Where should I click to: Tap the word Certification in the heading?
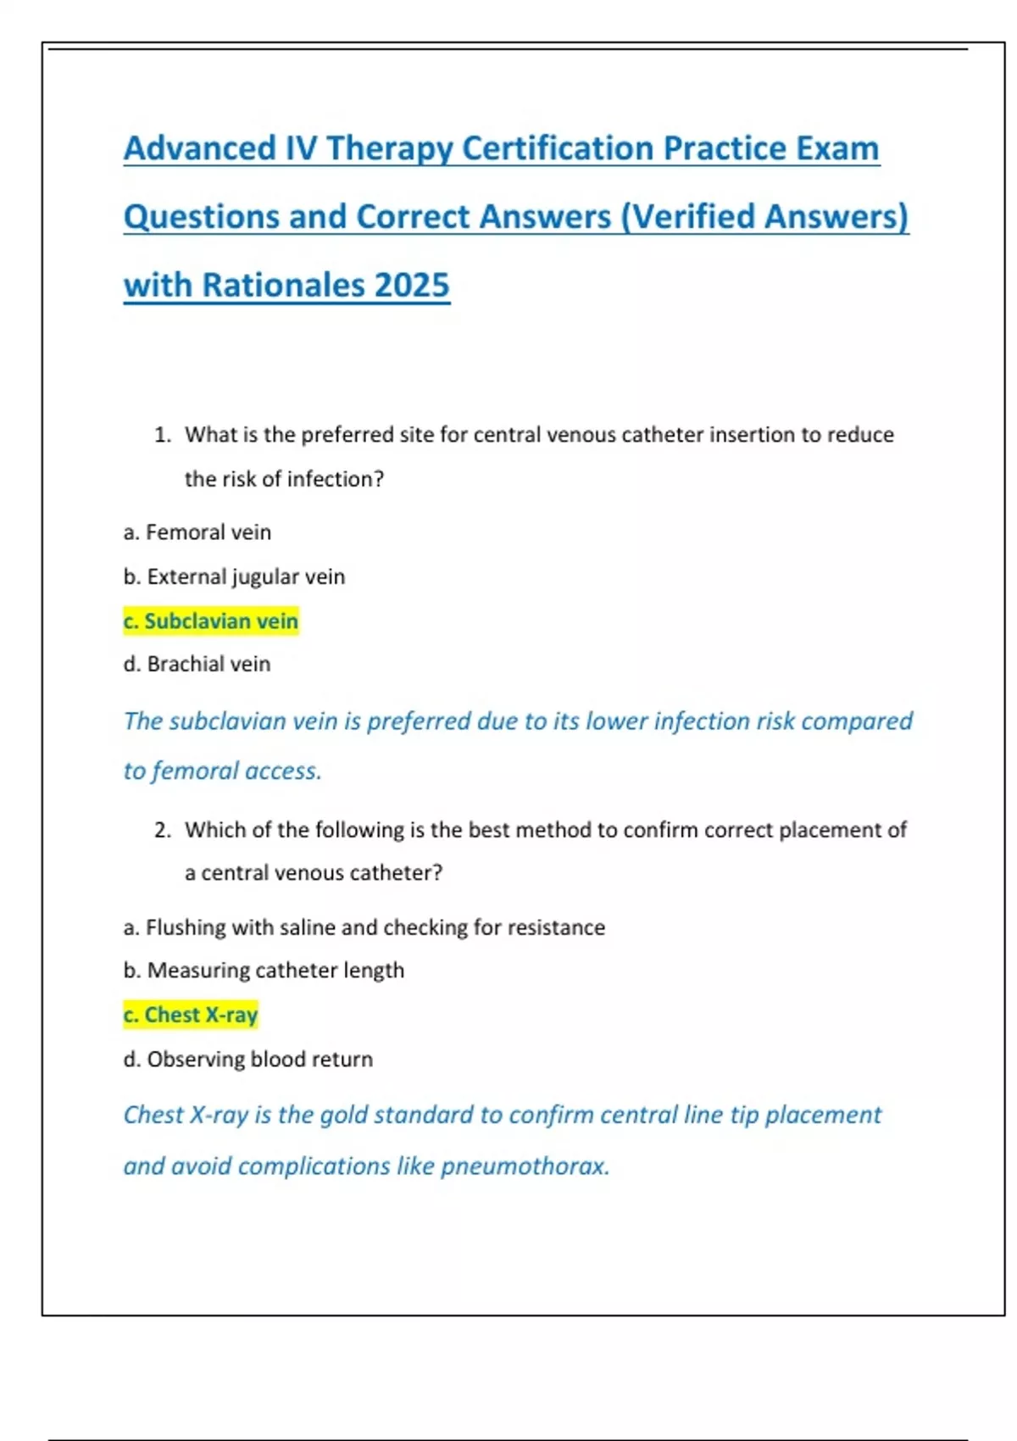[x=558, y=148]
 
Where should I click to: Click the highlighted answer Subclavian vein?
[x=211, y=621]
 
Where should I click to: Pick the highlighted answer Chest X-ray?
[x=191, y=1015]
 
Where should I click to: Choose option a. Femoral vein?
[x=197, y=532]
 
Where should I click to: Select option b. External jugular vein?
[x=234, y=576]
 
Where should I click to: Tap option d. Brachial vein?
[x=197, y=664]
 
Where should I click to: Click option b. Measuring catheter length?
[x=264, y=970]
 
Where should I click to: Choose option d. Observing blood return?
[x=247, y=1059]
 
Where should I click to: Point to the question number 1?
[x=162, y=435]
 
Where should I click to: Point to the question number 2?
[x=162, y=830]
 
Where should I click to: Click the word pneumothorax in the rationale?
[x=525, y=1166]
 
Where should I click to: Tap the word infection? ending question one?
[x=335, y=479]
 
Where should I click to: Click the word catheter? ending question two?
[x=395, y=872]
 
